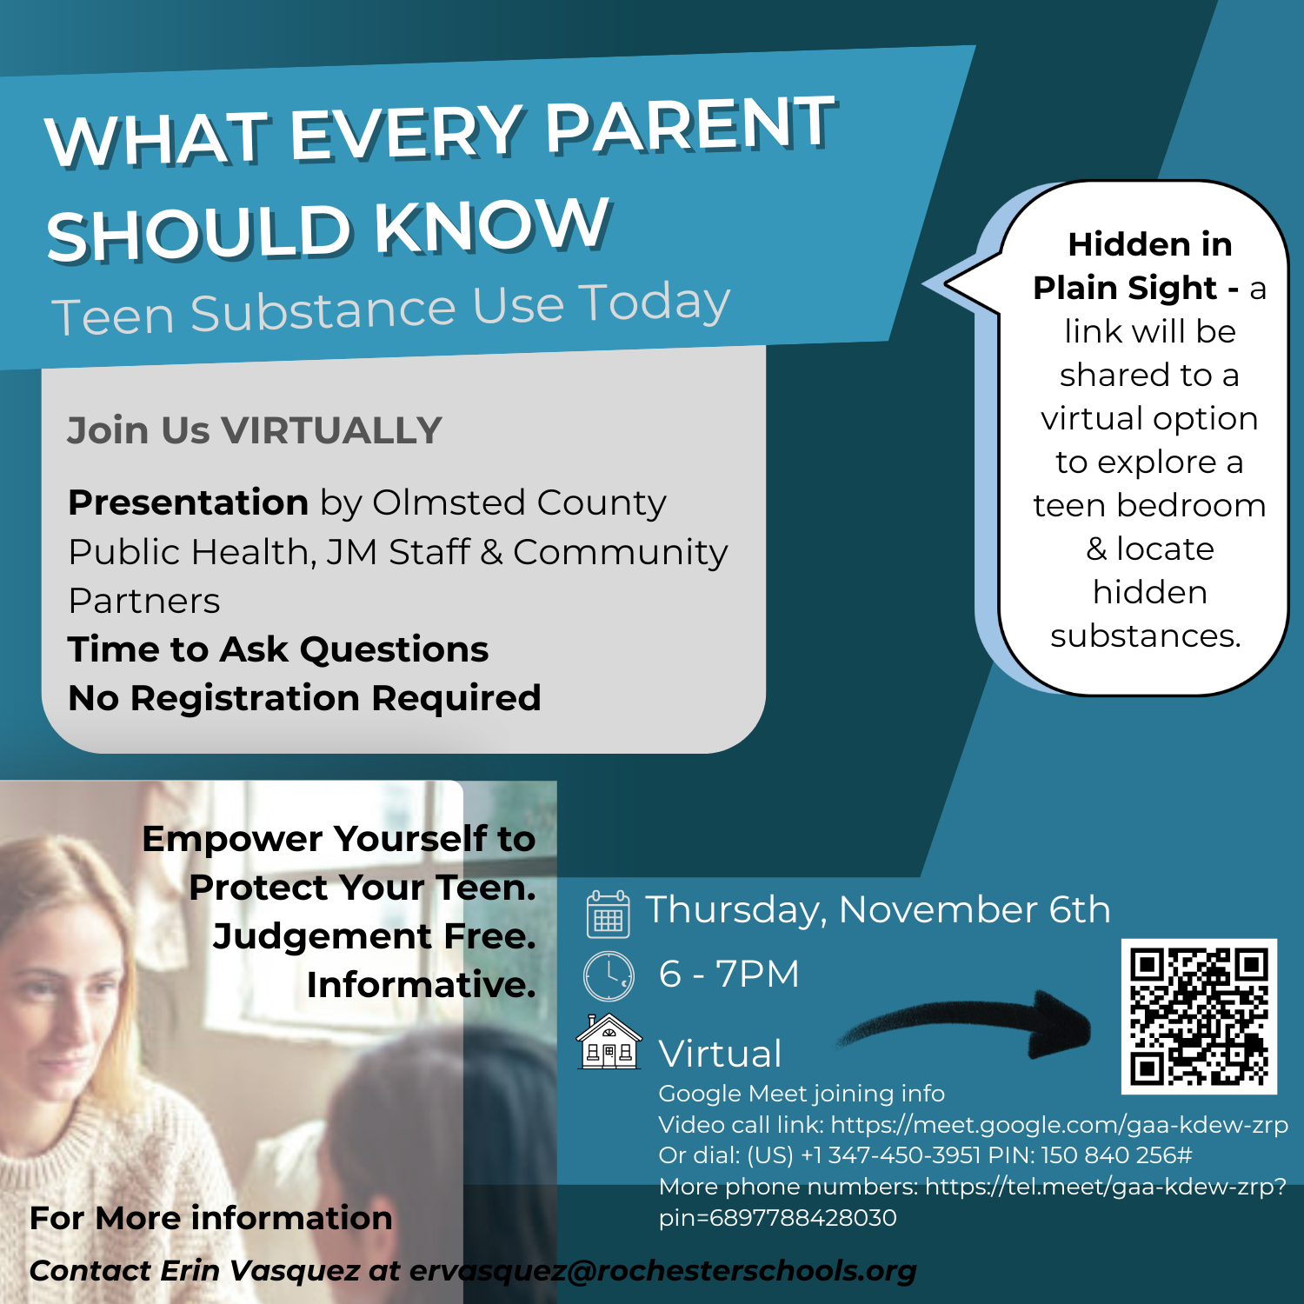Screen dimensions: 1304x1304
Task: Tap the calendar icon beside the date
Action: click(609, 914)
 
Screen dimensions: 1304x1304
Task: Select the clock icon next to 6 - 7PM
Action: click(609, 976)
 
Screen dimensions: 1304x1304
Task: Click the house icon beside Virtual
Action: click(609, 1041)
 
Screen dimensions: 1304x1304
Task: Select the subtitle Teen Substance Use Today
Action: click(391, 308)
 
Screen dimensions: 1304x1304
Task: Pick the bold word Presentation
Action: click(189, 502)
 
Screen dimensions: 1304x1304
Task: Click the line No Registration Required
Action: click(304, 698)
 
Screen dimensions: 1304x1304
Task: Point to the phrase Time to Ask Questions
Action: click(278, 649)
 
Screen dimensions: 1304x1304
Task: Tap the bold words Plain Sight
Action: click(1125, 289)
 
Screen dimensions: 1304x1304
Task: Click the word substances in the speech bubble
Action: click(1145, 635)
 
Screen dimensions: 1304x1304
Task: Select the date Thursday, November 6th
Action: click(878, 910)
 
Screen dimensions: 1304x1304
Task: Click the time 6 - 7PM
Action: click(729, 974)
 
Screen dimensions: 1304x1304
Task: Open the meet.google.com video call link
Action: click(1059, 1125)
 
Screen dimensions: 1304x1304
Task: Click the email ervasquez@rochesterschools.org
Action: click(662, 1271)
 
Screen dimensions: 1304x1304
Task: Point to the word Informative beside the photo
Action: click(421, 985)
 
